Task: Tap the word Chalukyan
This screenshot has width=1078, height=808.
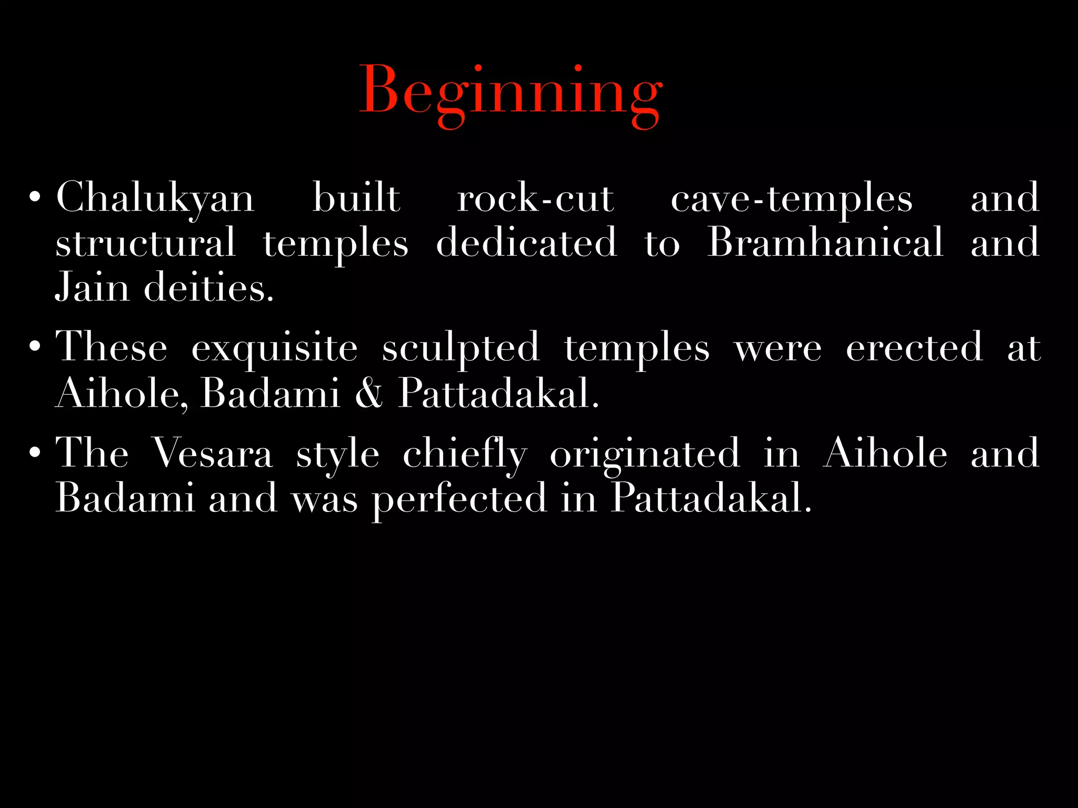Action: [155, 199]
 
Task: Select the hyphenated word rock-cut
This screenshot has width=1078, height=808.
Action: [535, 199]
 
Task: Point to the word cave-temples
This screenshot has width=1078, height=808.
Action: [791, 199]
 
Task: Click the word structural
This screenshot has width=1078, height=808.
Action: [145, 243]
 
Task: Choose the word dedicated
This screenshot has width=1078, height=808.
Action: [526, 243]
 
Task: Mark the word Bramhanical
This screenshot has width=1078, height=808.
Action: [825, 243]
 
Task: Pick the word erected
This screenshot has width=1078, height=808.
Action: [914, 347]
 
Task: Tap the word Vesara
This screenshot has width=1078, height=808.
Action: [212, 453]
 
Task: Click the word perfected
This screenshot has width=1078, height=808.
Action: [460, 499]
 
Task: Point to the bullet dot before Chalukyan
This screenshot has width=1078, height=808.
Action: [35, 198]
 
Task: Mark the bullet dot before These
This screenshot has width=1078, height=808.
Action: [35, 347]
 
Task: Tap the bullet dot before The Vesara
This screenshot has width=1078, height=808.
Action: [35, 453]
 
